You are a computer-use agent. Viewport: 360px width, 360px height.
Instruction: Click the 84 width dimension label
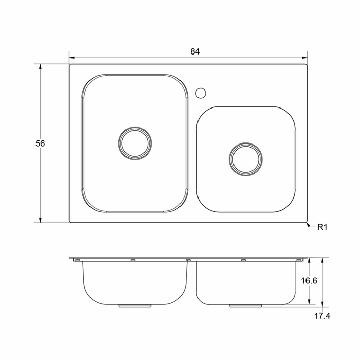click(x=194, y=51)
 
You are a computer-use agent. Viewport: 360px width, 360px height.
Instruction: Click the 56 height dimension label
click(x=40, y=143)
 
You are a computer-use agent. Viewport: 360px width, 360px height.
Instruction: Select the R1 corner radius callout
click(x=322, y=227)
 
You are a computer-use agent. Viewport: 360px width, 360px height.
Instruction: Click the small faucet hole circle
click(x=201, y=93)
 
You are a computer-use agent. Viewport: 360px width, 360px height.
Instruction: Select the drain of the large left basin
click(x=134, y=141)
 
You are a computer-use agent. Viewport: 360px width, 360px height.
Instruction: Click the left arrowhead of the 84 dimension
click(x=71, y=58)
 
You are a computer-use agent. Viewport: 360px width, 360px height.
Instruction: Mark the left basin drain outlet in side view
click(x=135, y=305)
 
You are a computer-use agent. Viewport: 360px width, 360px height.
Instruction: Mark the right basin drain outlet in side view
click(x=245, y=305)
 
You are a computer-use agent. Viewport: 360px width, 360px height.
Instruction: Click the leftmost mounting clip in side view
click(x=77, y=261)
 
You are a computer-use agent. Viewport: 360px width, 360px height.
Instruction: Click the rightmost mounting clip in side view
click(x=299, y=261)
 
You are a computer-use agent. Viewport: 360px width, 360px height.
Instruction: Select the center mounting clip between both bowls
click(x=188, y=261)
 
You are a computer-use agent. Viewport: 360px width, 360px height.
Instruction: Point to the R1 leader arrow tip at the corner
click(x=307, y=223)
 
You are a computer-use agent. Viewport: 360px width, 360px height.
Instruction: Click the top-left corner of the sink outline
click(x=70, y=64)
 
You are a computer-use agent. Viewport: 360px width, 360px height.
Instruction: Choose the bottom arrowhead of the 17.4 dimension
click(x=321, y=305)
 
